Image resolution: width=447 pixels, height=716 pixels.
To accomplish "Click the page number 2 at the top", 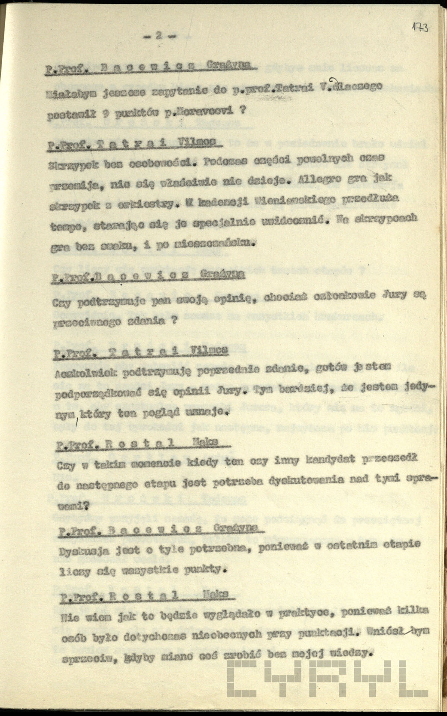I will click(158, 36).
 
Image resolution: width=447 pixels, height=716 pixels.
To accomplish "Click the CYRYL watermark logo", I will click(328, 687).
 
